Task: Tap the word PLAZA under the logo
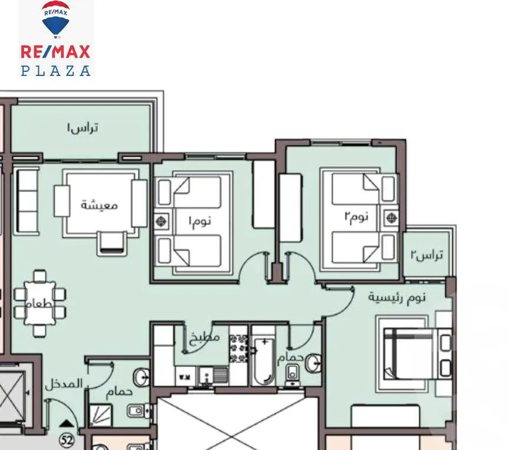pyautogui.click(x=55, y=70)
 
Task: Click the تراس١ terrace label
pyautogui.click(x=83, y=127)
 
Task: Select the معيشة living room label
pyautogui.click(x=99, y=205)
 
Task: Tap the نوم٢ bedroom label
pyautogui.click(x=356, y=216)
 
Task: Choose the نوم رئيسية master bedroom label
pyautogui.click(x=396, y=297)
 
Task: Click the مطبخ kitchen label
pyautogui.click(x=205, y=337)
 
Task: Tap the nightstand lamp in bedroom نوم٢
pyautogui.click(x=389, y=218)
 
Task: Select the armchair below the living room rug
pyautogui.click(x=111, y=242)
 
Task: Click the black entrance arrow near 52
pyautogui.click(x=68, y=422)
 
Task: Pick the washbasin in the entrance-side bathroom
pyautogui.click(x=142, y=375)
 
